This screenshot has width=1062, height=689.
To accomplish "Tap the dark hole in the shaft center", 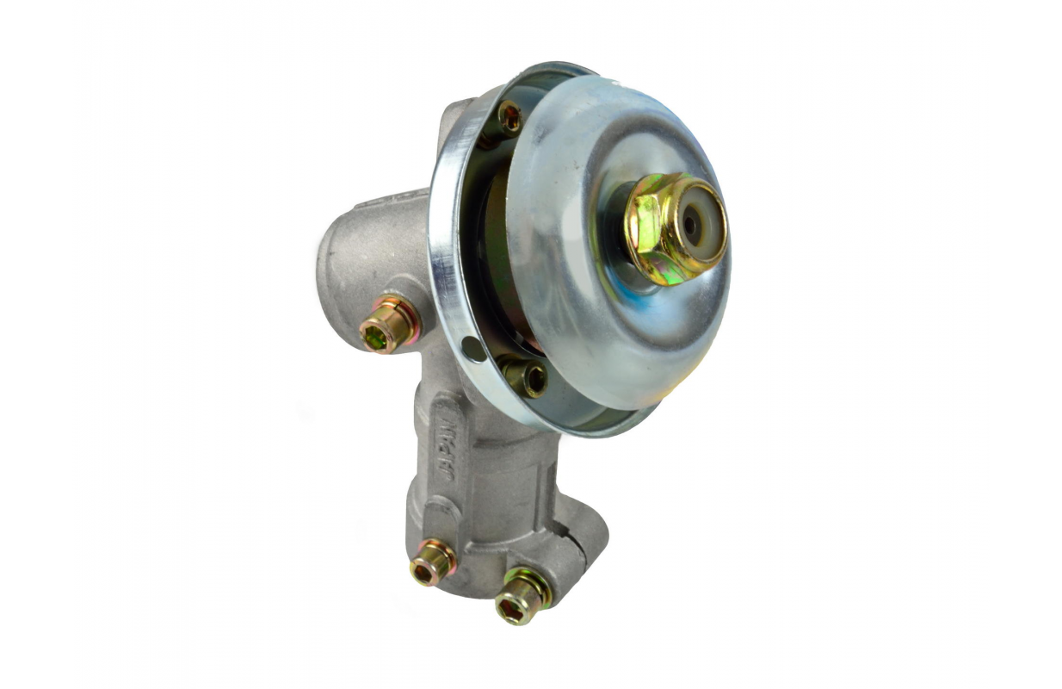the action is (692, 226).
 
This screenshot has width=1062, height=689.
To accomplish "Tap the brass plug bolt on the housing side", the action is (389, 324).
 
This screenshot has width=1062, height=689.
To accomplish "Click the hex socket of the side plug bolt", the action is (374, 334).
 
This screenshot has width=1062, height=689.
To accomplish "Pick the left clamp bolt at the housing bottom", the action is (432, 562).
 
